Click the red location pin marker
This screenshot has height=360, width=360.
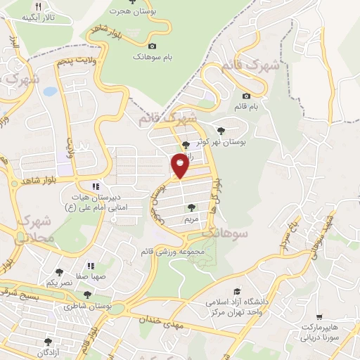coord(179,166)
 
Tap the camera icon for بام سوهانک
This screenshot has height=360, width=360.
coord(152,46)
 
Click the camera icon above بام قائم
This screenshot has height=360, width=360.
coord(246,96)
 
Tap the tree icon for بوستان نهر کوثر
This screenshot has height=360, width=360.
coord(222,130)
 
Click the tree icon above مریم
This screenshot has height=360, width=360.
coord(191,207)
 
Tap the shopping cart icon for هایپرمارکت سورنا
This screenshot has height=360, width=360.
coord(320,318)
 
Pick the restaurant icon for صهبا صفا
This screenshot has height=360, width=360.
coord(91,266)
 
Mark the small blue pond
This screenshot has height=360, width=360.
coord(49,91)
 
